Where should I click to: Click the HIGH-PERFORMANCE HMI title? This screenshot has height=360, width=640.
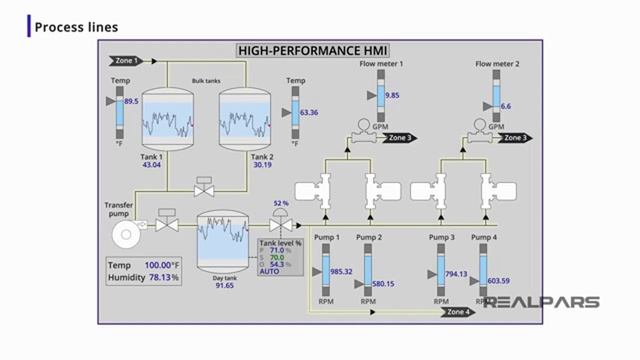coord(312,50)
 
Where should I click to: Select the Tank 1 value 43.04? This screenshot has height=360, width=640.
coord(152,165)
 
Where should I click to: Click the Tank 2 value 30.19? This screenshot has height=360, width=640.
coord(262,165)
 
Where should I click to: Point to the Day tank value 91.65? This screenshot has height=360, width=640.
coord(224,285)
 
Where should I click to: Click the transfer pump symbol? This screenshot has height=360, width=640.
coord(124,235)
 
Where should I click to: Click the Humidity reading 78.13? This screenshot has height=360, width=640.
coord(161,277)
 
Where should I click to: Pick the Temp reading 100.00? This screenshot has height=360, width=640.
coord(160,265)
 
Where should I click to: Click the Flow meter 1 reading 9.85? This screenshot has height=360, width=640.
coord(391,95)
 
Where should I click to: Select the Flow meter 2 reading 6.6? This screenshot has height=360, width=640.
coord(506,105)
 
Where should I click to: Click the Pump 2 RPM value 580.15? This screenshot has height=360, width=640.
coord(382,284)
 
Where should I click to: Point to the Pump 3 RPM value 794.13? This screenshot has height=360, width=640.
coord(457,273)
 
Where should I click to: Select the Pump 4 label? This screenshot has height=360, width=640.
coord(484,237)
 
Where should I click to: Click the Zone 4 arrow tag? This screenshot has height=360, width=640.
coord(458,312)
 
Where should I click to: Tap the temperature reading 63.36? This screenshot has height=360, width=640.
coord(308,113)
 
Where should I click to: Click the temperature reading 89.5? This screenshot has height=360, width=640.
coord(131,101)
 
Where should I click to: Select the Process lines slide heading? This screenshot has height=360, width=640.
coord(76,27)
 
